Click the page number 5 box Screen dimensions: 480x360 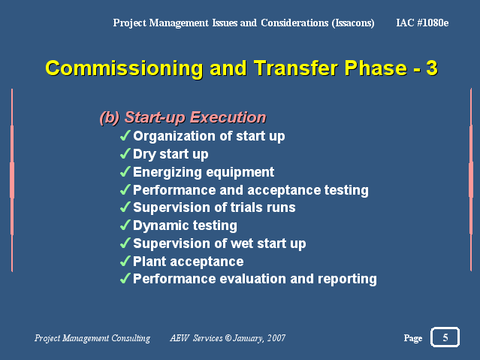(445, 337)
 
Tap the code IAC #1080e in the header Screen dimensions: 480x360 (422, 23)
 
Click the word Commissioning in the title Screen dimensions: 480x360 (124, 68)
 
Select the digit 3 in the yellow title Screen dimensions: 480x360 (432, 68)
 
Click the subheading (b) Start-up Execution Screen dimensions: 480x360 (183, 117)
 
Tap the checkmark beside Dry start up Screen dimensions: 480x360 (125, 153)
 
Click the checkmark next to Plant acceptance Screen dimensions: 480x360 (125, 261)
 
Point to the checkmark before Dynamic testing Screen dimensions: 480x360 (125, 225)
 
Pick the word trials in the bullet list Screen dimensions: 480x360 (246, 207)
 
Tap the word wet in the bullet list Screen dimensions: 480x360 (242, 244)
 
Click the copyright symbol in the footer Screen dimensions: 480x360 (228, 337)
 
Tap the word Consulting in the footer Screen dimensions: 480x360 (131, 338)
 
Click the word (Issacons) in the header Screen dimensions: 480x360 (353, 23)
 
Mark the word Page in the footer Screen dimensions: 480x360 (413, 338)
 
